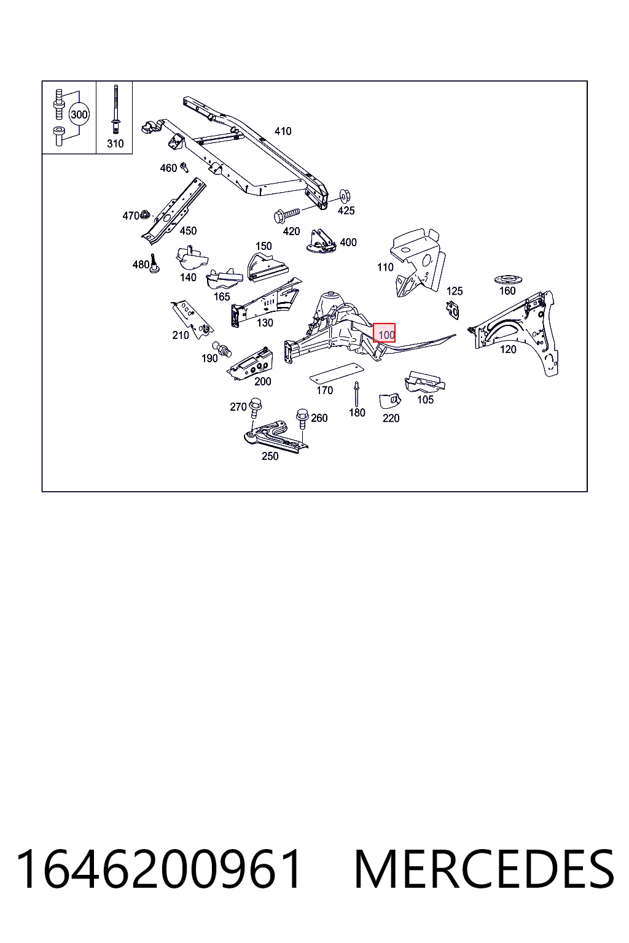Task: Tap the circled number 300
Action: (x=79, y=115)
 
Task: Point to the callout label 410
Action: (x=283, y=131)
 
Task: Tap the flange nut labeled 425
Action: (x=345, y=196)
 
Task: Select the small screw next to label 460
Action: (x=184, y=167)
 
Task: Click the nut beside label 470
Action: (x=144, y=215)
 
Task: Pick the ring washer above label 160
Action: (x=507, y=279)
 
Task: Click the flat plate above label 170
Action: (x=336, y=373)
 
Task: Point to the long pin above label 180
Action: (x=356, y=395)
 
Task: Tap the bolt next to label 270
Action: (x=256, y=407)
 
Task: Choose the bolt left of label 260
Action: (x=302, y=418)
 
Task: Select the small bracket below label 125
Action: (x=453, y=309)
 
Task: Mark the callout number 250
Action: (x=270, y=456)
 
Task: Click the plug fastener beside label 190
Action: (x=222, y=349)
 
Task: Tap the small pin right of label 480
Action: (x=154, y=263)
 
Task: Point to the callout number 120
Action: (x=507, y=349)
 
